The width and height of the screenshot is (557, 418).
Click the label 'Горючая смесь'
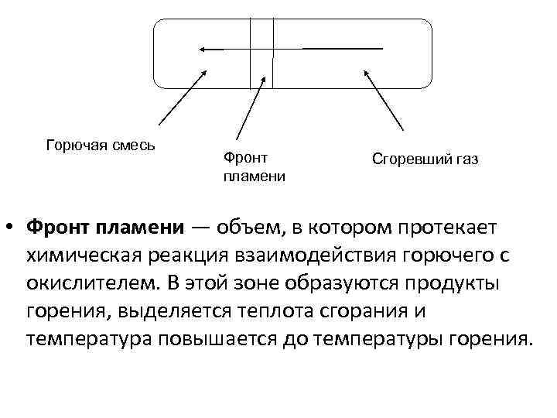[x=102, y=144]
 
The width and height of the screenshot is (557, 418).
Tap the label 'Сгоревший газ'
[x=425, y=159]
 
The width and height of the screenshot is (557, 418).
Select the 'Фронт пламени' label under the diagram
[x=254, y=166]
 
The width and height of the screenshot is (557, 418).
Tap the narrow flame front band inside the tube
[x=261, y=53]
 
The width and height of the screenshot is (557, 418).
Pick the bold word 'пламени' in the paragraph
[x=142, y=228]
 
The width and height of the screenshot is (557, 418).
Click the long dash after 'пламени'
[x=200, y=228]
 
